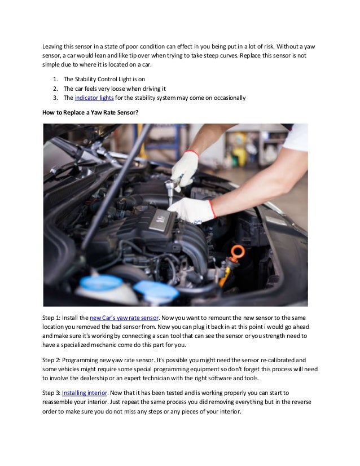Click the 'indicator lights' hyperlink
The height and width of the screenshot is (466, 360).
(x=94, y=98)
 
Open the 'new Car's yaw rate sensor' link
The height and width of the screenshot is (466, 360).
(x=124, y=318)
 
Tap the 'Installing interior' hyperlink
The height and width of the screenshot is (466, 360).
(x=85, y=393)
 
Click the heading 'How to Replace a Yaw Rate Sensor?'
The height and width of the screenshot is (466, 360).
(x=90, y=112)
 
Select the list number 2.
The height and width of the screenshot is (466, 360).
(x=55, y=89)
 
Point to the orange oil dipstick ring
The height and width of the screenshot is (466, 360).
(x=238, y=253)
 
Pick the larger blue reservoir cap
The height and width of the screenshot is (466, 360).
(x=101, y=282)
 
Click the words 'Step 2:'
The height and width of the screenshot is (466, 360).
(x=51, y=360)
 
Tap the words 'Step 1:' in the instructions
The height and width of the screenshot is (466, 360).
(x=51, y=318)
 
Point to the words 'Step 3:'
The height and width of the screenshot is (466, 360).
(x=51, y=393)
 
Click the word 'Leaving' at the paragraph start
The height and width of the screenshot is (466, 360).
(x=52, y=47)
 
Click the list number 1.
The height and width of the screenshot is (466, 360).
(x=55, y=80)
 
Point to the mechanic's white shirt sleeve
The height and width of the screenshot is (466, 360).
(x=296, y=137)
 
